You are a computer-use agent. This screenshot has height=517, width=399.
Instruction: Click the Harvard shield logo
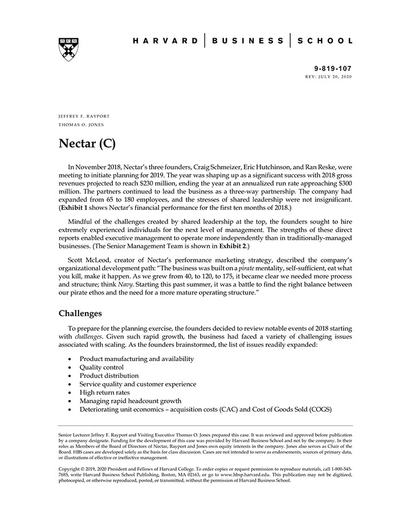pos(68,49)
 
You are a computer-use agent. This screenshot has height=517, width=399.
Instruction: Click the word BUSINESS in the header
pos(247,41)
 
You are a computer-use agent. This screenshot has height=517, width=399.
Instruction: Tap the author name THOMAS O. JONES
pos(82,124)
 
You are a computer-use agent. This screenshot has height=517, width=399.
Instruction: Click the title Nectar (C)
pos(87,143)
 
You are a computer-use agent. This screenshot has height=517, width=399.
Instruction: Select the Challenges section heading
pos(80,313)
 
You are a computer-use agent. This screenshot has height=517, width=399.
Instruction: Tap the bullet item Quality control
pos(101,367)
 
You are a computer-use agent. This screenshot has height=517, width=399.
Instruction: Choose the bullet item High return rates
pos(104,393)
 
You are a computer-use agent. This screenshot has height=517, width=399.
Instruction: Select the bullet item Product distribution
pos(109,376)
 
